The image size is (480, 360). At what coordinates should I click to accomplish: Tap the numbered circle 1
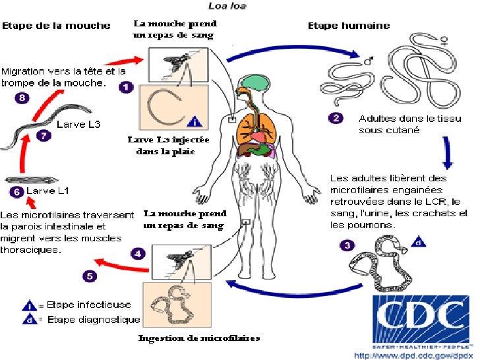(x=125, y=86)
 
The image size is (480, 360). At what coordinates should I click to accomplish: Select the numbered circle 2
(x=337, y=119)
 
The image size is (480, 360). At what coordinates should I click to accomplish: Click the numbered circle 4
(x=137, y=253)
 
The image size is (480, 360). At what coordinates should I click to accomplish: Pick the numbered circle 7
(x=44, y=136)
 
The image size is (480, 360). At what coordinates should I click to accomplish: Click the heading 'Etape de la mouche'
(x=56, y=26)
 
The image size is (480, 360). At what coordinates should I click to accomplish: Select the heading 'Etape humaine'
(x=349, y=26)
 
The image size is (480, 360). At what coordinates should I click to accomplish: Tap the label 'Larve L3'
(x=78, y=124)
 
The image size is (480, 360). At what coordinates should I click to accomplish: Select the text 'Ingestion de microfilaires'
(x=198, y=338)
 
